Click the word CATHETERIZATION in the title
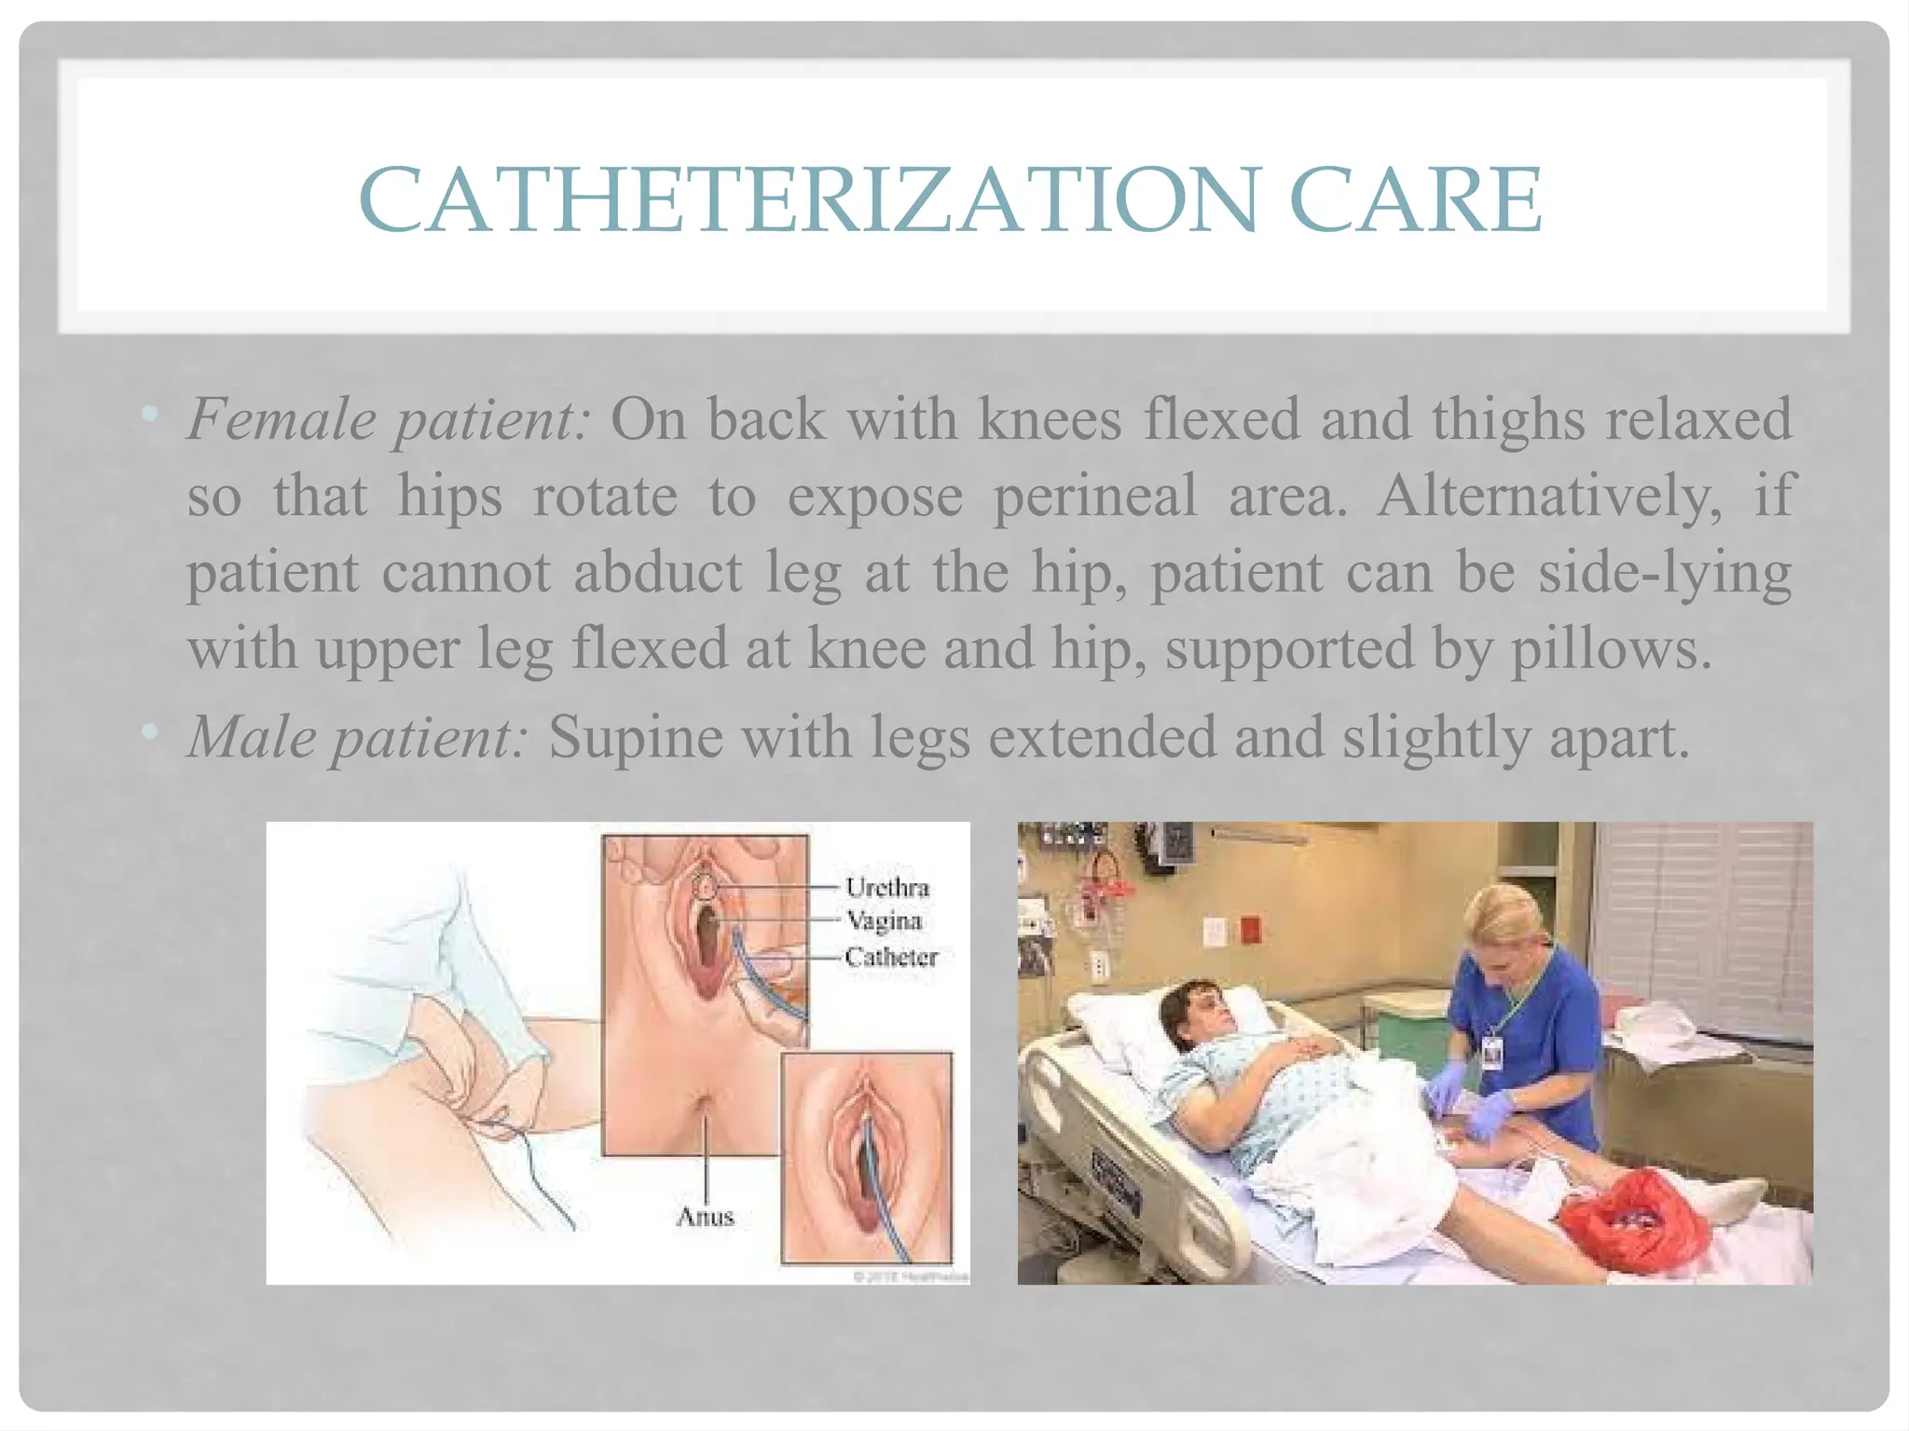(x=808, y=199)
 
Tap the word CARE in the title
(x=1416, y=199)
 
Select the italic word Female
(x=281, y=420)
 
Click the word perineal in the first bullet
(x=1094, y=497)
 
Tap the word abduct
(x=657, y=572)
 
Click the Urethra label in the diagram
(x=887, y=887)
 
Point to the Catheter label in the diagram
(x=891, y=957)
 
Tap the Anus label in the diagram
(x=705, y=1216)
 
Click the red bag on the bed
(x=1637, y=1220)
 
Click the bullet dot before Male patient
(x=149, y=733)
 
